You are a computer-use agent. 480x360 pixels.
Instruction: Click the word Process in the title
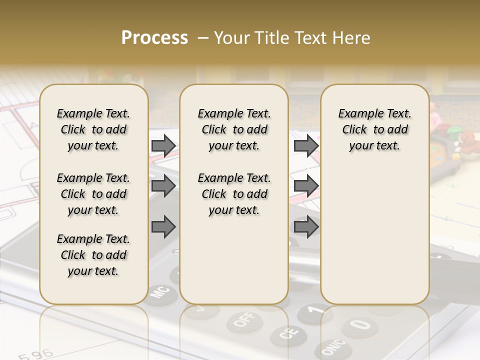(154, 38)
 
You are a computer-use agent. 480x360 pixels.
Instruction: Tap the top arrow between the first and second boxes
(163, 145)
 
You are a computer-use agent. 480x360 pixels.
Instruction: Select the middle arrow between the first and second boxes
(163, 186)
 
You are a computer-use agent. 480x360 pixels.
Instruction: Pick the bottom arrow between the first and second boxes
(163, 226)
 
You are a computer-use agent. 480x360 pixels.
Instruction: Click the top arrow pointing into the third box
(306, 145)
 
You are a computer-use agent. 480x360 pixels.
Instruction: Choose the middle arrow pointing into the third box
(306, 186)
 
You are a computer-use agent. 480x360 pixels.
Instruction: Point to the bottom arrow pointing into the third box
(306, 226)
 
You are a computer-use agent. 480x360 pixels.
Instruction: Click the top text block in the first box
(93, 129)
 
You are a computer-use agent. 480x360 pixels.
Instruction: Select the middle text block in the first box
(93, 194)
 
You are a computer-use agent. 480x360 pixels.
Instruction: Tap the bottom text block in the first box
(93, 255)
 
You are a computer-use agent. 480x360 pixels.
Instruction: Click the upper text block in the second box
(234, 129)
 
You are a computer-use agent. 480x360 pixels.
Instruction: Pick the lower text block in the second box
(234, 194)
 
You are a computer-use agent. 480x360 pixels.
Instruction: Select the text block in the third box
(374, 129)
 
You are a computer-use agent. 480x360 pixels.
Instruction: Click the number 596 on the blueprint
(36, 354)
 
